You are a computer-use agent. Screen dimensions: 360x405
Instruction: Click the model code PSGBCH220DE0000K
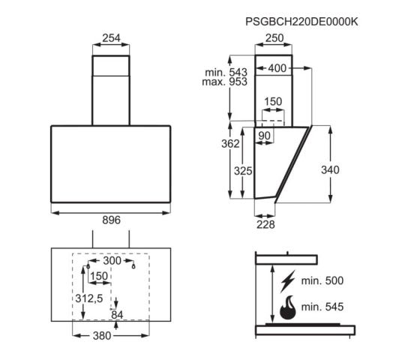[301, 22]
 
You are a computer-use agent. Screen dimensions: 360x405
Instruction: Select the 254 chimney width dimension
[111, 38]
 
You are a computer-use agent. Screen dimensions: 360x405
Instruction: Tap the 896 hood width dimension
[111, 220]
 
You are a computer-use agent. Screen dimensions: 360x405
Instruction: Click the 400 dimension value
[277, 68]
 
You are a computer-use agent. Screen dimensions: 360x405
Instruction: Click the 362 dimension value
[231, 142]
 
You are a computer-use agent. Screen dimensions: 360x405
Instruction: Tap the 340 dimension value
[329, 169]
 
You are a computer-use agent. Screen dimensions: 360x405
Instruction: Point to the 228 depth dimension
[265, 223]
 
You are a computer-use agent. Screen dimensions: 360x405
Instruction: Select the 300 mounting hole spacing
[111, 260]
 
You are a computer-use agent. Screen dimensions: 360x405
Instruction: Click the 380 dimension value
[111, 335]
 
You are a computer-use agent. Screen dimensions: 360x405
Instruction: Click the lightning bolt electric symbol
[287, 282]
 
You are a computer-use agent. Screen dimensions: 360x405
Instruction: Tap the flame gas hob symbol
[287, 307]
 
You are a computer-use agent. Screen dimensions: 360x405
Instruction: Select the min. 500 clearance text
[323, 282]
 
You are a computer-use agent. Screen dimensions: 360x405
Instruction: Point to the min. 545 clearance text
[323, 307]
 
